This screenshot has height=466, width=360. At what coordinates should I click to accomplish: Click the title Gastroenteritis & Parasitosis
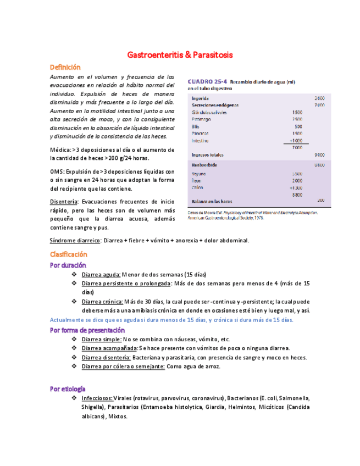pyautogui.click(x=180, y=55)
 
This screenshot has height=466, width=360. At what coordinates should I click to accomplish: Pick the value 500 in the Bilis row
pyautogui.click(x=297, y=126)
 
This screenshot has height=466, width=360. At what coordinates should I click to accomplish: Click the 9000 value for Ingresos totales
pyautogui.click(x=319, y=154)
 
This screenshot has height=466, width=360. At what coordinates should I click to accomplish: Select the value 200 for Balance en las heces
pyautogui.click(x=321, y=200)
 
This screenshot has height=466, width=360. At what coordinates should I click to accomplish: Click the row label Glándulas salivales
pyautogui.click(x=210, y=112)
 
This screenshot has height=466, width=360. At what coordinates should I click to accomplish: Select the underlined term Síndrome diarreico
pyautogui.click(x=75, y=240)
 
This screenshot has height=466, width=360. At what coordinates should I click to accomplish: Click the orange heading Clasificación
pyautogui.click(x=68, y=254)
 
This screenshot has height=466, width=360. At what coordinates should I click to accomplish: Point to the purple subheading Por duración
pyautogui.click(x=68, y=265)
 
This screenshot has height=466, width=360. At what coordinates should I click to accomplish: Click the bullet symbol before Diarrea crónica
pyautogui.click(x=74, y=301)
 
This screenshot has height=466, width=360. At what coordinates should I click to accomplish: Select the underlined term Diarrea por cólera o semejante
pyautogui.click(x=123, y=366)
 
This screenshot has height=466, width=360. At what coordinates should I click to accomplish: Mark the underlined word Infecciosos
pyautogui.click(x=97, y=398)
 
